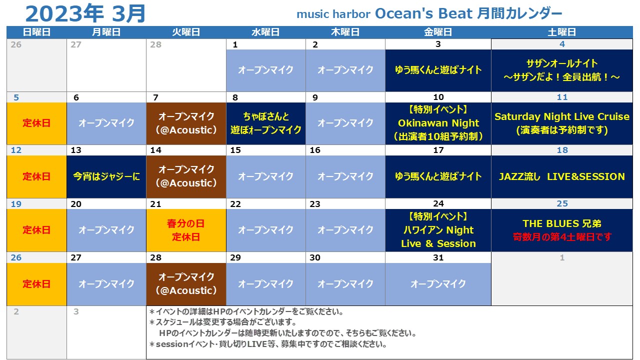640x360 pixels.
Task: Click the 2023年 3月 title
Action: [x=85, y=13]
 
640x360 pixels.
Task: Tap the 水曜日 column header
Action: [x=265, y=32]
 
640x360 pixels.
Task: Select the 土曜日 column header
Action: [x=561, y=32]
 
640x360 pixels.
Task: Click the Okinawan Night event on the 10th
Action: [x=438, y=123]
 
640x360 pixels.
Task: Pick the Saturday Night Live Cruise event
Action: [x=561, y=123]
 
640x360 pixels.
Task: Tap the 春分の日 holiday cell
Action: [x=186, y=230]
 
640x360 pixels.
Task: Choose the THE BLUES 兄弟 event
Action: [x=561, y=230]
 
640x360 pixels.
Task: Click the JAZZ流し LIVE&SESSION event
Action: [x=561, y=177]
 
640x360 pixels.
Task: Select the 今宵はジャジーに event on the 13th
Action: [x=106, y=177]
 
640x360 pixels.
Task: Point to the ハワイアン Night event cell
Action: [x=438, y=230]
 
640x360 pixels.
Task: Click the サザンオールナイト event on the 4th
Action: [x=561, y=70]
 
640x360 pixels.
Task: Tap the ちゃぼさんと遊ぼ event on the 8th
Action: [x=265, y=123]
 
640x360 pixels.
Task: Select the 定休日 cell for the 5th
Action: [x=36, y=123]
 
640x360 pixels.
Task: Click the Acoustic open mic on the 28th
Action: [x=186, y=284]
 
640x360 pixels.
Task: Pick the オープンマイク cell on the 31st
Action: [x=438, y=284]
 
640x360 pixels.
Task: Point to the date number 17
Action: [x=438, y=150]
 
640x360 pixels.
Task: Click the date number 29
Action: [x=235, y=257]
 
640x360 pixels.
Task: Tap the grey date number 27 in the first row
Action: [x=75, y=44]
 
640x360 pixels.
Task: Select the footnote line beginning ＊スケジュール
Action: [x=223, y=322]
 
